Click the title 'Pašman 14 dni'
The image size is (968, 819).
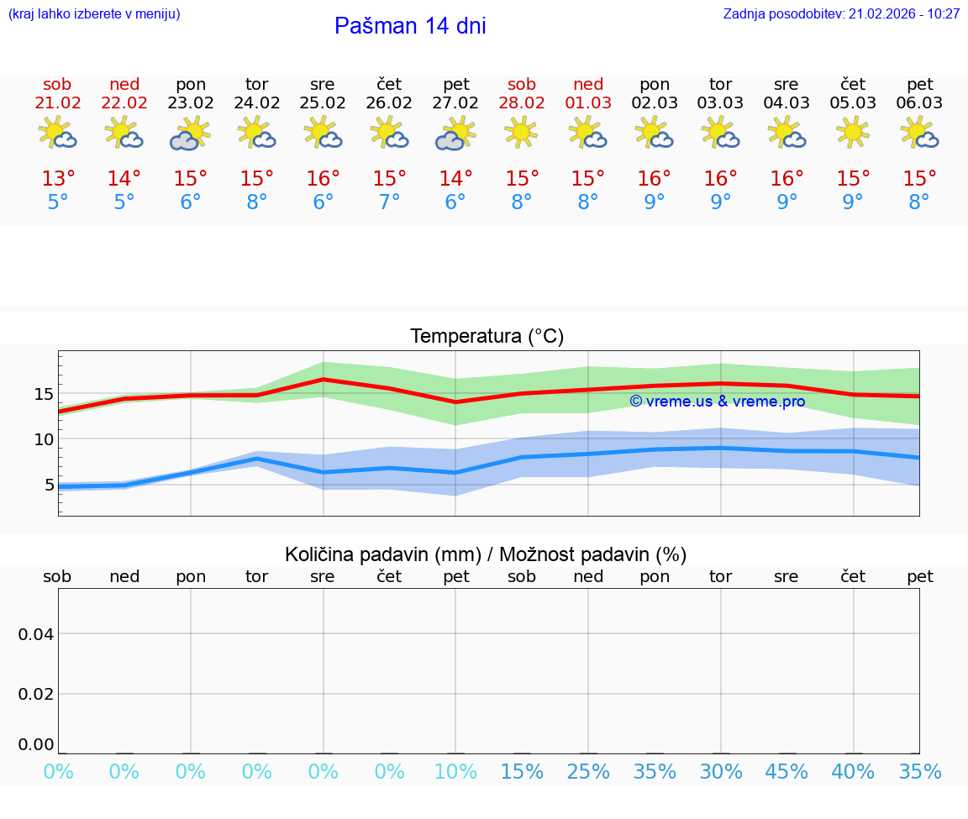pos(410,26)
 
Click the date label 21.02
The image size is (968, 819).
pos(58,103)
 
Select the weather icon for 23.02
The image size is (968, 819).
pos(190,134)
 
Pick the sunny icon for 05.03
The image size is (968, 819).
pos(853,131)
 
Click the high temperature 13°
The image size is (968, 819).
pos(58,179)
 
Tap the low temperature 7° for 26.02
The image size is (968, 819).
pos(389,202)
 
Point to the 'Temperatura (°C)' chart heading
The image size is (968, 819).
pos(487,337)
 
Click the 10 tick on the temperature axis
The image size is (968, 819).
pos(44,439)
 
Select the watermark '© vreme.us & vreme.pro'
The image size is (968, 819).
pos(717,402)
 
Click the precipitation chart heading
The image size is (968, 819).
pos(486,554)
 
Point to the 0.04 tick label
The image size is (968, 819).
pos(36,633)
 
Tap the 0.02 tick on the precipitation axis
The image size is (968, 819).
pos(36,694)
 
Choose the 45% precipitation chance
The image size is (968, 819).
pos(786,772)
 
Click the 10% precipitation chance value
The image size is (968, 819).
pos(455,772)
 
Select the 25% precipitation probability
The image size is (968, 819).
pos(588,772)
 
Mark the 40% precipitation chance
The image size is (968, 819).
pos(853,772)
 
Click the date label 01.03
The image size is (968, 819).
pos(588,103)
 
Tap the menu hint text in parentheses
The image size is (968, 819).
pos(94,14)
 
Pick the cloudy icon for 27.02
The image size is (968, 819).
pos(455,134)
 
